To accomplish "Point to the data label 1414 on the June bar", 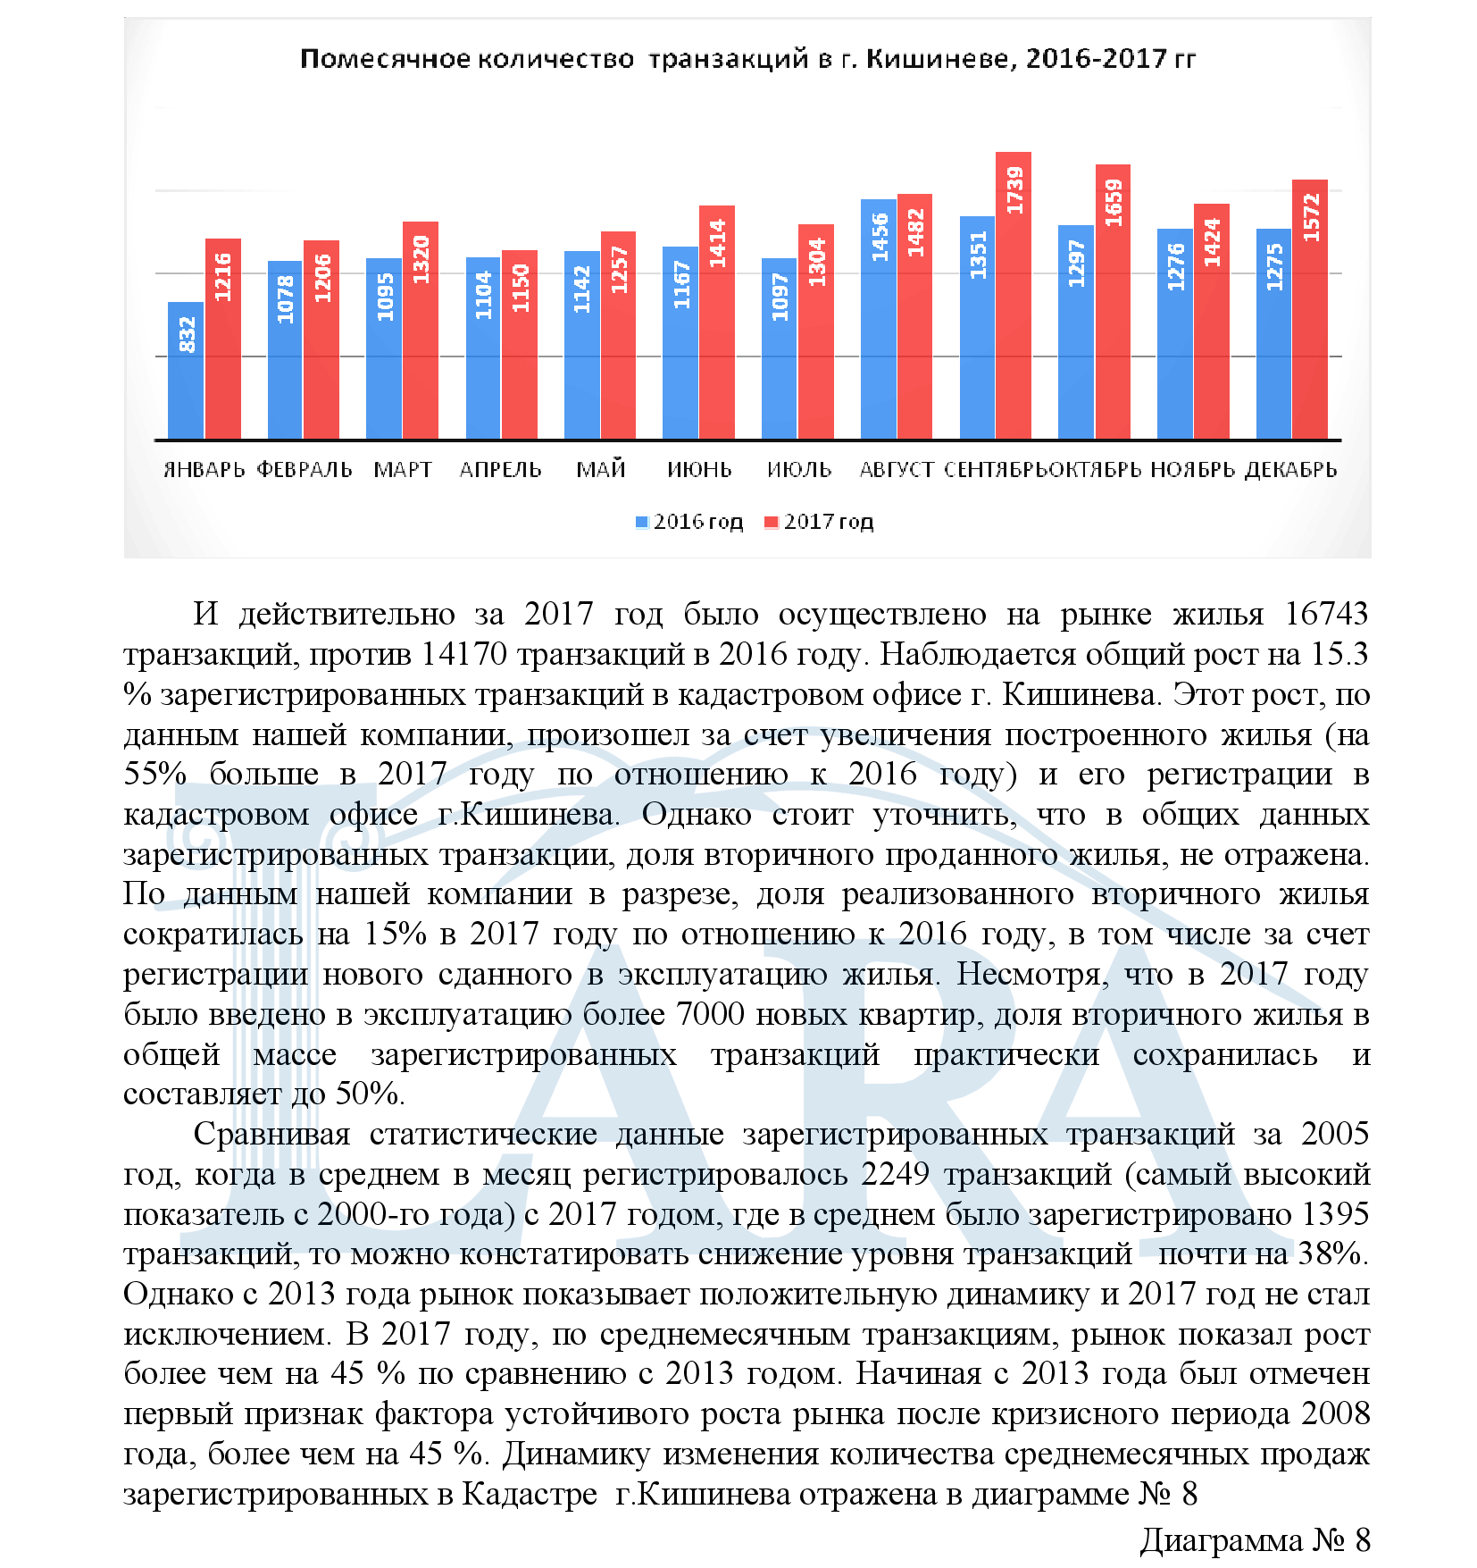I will point(717,244).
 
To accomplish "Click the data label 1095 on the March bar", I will point(385,296).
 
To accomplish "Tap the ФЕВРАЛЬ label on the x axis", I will point(305,470).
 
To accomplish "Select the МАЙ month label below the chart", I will point(601,470).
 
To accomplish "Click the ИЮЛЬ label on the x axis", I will point(799,470).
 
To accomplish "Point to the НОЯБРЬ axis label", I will point(1193,470).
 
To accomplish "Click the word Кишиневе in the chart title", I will point(940,59).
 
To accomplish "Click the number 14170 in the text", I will point(463,655).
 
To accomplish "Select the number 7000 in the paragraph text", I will point(710,1015).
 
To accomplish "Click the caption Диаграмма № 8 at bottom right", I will point(1255,1540).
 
